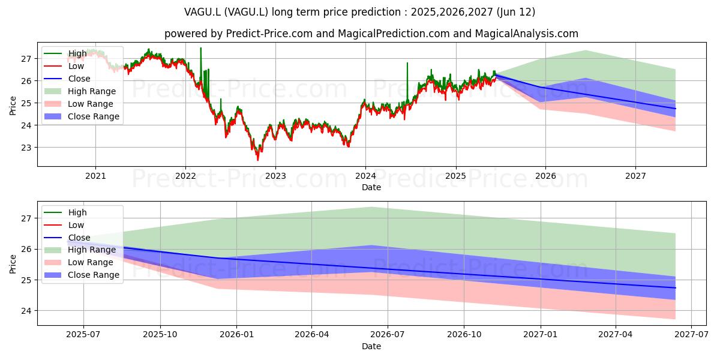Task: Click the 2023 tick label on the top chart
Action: coord(275,176)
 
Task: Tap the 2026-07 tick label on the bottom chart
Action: coord(388,335)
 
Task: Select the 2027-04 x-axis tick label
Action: coord(616,335)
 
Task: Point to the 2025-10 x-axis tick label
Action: coord(160,335)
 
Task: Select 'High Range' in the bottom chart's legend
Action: coord(80,250)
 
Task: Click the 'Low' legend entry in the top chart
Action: coord(64,66)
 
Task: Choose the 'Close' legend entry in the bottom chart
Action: coord(67,238)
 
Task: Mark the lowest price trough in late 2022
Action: coord(258,160)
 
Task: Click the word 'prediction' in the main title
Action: coord(379,12)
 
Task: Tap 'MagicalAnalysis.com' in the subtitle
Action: coord(527,34)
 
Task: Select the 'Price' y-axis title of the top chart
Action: coord(13,106)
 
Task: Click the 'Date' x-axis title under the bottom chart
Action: coord(371,347)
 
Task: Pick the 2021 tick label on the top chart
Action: coord(95,176)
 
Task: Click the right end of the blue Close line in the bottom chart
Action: coord(676,288)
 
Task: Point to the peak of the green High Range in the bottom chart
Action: coord(371,208)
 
